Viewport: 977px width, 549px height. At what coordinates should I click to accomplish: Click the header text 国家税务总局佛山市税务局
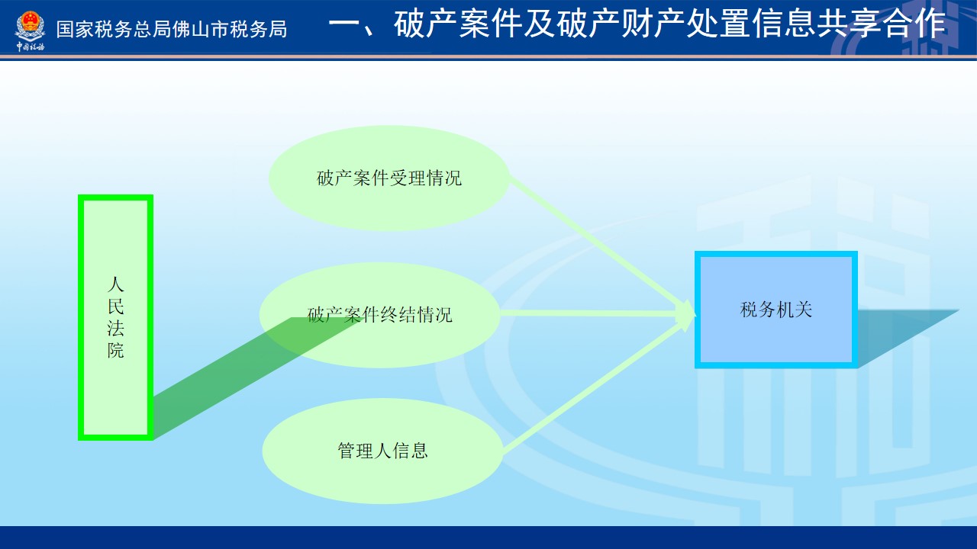point(172,30)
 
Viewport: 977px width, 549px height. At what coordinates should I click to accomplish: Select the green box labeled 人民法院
point(115,317)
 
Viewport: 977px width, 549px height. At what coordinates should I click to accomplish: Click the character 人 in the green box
point(115,284)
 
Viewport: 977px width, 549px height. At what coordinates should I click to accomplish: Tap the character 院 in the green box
point(115,350)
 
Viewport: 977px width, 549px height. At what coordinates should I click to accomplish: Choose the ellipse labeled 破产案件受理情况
point(389,178)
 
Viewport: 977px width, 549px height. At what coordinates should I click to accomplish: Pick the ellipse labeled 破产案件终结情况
point(379,315)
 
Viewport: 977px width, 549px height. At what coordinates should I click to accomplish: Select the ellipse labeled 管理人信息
point(382,451)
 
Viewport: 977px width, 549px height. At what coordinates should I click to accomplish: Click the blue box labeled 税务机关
point(776,310)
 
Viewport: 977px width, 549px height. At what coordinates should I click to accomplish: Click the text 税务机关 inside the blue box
point(776,310)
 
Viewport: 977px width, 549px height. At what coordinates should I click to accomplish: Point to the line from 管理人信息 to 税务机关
point(598,385)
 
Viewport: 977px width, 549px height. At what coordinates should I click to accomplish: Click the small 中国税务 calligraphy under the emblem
point(30,47)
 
